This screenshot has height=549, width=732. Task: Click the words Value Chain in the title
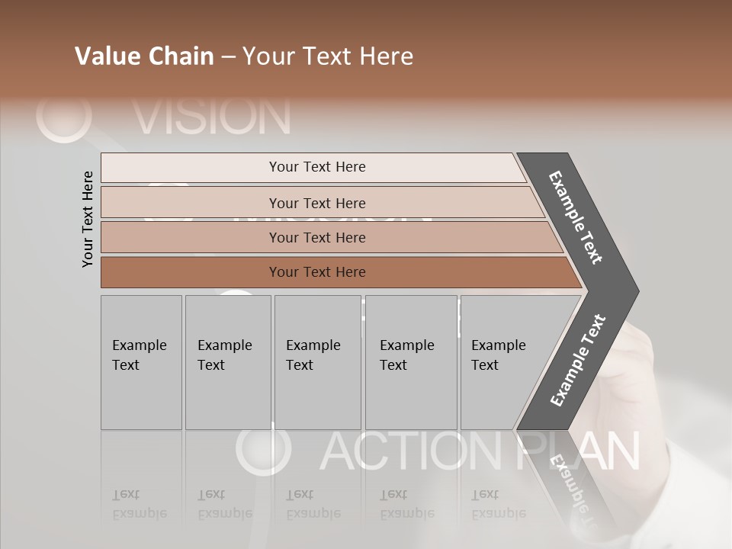(x=144, y=56)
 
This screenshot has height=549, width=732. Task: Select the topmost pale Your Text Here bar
(x=316, y=167)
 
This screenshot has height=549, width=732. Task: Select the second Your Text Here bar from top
(x=316, y=203)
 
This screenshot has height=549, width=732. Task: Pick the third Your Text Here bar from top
(x=316, y=237)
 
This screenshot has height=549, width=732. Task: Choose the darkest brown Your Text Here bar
(x=316, y=272)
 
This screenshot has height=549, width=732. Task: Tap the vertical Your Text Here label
(x=88, y=219)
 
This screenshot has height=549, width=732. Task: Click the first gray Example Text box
(x=141, y=362)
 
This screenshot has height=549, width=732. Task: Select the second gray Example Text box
(x=228, y=362)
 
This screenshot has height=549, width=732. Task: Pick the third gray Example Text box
(x=317, y=362)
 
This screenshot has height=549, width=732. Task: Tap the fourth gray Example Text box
(x=411, y=362)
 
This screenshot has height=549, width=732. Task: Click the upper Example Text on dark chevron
(x=576, y=217)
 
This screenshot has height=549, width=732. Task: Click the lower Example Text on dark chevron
(x=578, y=361)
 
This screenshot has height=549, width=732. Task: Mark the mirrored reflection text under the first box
(x=140, y=504)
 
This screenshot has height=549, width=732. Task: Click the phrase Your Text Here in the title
(x=328, y=56)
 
